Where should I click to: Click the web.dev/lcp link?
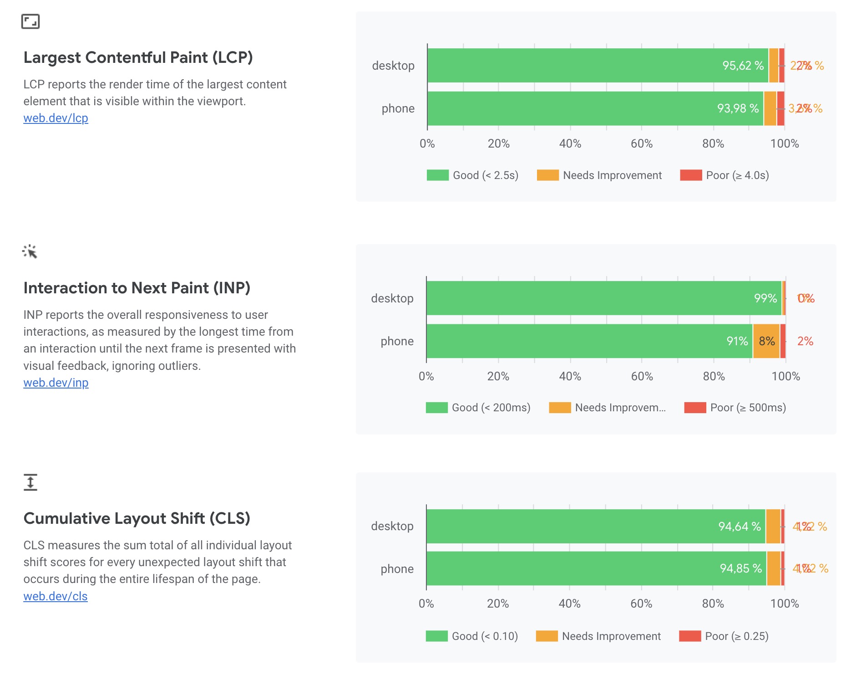coord(56,118)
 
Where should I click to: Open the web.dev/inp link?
coord(56,383)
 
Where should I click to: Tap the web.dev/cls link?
coord(55,596)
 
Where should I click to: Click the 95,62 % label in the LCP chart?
coord(743,66)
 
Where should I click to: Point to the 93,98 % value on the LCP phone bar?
coord(738,108)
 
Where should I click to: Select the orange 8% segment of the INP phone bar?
coord(766,341)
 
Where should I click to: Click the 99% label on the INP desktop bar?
coord(765,298)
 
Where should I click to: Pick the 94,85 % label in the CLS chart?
coord(740,568)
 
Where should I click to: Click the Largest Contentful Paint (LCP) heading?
coord(138,58)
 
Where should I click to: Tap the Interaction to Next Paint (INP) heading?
coord(137,288)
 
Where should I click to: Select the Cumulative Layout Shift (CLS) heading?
coord(137,519)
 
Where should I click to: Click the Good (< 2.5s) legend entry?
coord(472,175)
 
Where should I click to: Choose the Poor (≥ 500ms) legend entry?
coord(735,408)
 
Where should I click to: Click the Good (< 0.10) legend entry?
coord(471,636)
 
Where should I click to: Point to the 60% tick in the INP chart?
coord(642,377)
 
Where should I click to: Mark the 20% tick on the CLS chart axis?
coord(498,604)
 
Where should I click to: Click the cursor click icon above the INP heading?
coord(30,251)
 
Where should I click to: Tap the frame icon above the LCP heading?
coord(30,21)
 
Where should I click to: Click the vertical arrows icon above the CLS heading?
coord(30,482)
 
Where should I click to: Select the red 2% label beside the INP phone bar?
coord(805,341)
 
